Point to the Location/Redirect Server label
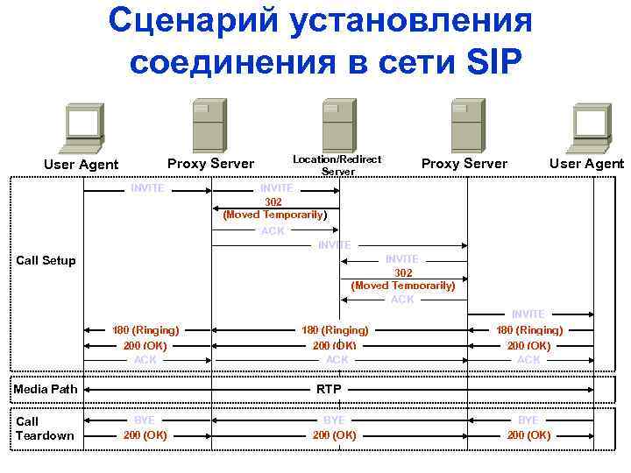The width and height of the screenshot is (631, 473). click(x=337, y=165)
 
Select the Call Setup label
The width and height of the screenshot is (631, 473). click(x=46, y=260)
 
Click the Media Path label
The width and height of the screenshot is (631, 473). click(x=46, y=388)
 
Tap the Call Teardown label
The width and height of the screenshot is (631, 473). click(x=46, y=428)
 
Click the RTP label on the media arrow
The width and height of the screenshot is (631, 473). click(x=330, y=388)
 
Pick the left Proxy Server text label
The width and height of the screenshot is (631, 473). click(x=210, y=164)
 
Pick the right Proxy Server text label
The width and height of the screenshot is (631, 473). click(x=464, y=164)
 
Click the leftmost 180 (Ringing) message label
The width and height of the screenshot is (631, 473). click(x=145, y=330)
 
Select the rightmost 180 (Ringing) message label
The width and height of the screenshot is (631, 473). click(x=529, y=330)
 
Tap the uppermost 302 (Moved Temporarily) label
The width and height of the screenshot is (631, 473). click(x=275, y=208)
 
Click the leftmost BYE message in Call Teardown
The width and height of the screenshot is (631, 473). click(x=145, y=420)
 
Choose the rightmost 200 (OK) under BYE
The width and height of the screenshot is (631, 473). click(x=529, y=434)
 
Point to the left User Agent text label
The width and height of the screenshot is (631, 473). click(x=81, y=164)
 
